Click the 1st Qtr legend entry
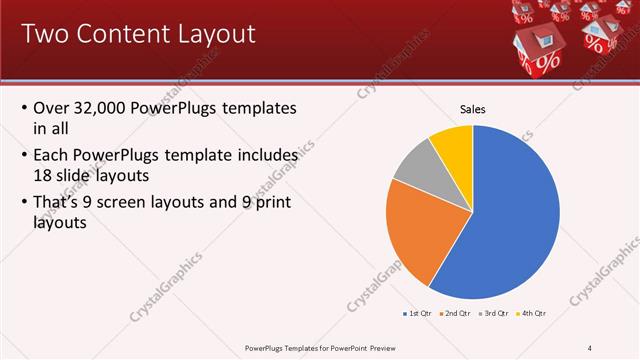click(x=417, y=314)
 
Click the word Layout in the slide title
click(x=205, y=34)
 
